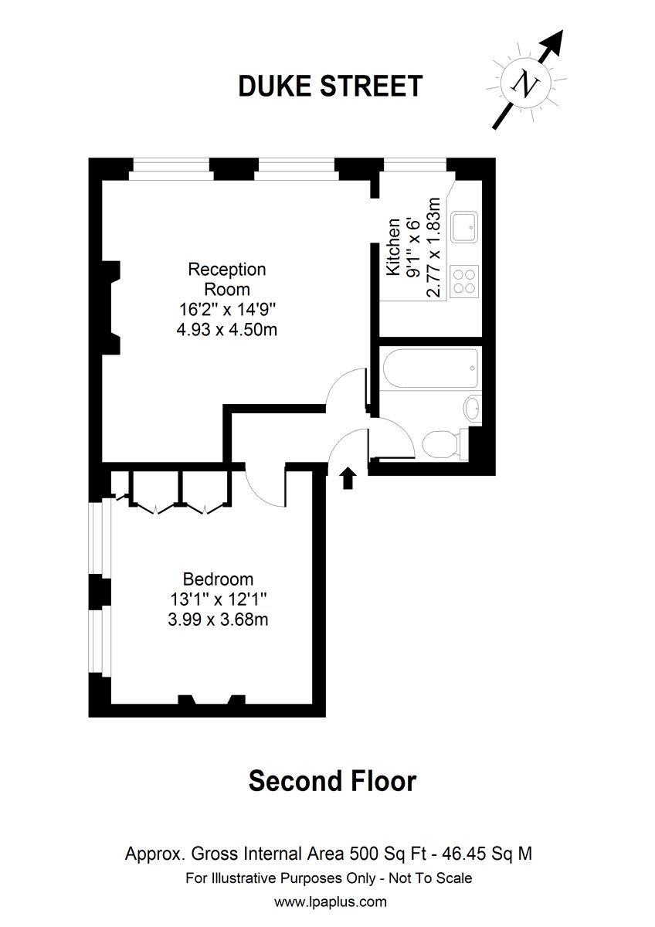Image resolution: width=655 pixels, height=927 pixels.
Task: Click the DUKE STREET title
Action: tap(330, 86)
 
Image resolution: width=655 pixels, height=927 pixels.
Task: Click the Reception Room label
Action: tap(227, 279)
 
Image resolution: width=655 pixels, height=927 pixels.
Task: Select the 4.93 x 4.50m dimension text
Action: tap(227, 331)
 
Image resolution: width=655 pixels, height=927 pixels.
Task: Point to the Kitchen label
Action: tap(393, 247)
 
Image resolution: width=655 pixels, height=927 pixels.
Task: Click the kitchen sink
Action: tap(464, 227)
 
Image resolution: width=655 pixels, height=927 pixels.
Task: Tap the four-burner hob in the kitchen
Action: tap(464, 281)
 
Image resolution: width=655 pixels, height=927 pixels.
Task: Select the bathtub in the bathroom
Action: tap(430, 368)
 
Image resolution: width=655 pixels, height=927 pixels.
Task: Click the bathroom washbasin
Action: tap(472, 408)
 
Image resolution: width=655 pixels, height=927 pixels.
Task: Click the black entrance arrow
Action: tap(348, 478)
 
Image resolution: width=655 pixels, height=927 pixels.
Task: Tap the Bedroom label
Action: tap(218, 579)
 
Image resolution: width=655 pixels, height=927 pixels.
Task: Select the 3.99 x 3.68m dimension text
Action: tap(218, 620)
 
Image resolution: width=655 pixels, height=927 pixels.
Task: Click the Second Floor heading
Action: tap(332, 781)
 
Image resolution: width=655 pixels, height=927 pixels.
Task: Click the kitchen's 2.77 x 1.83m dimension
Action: tap(433, 247)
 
